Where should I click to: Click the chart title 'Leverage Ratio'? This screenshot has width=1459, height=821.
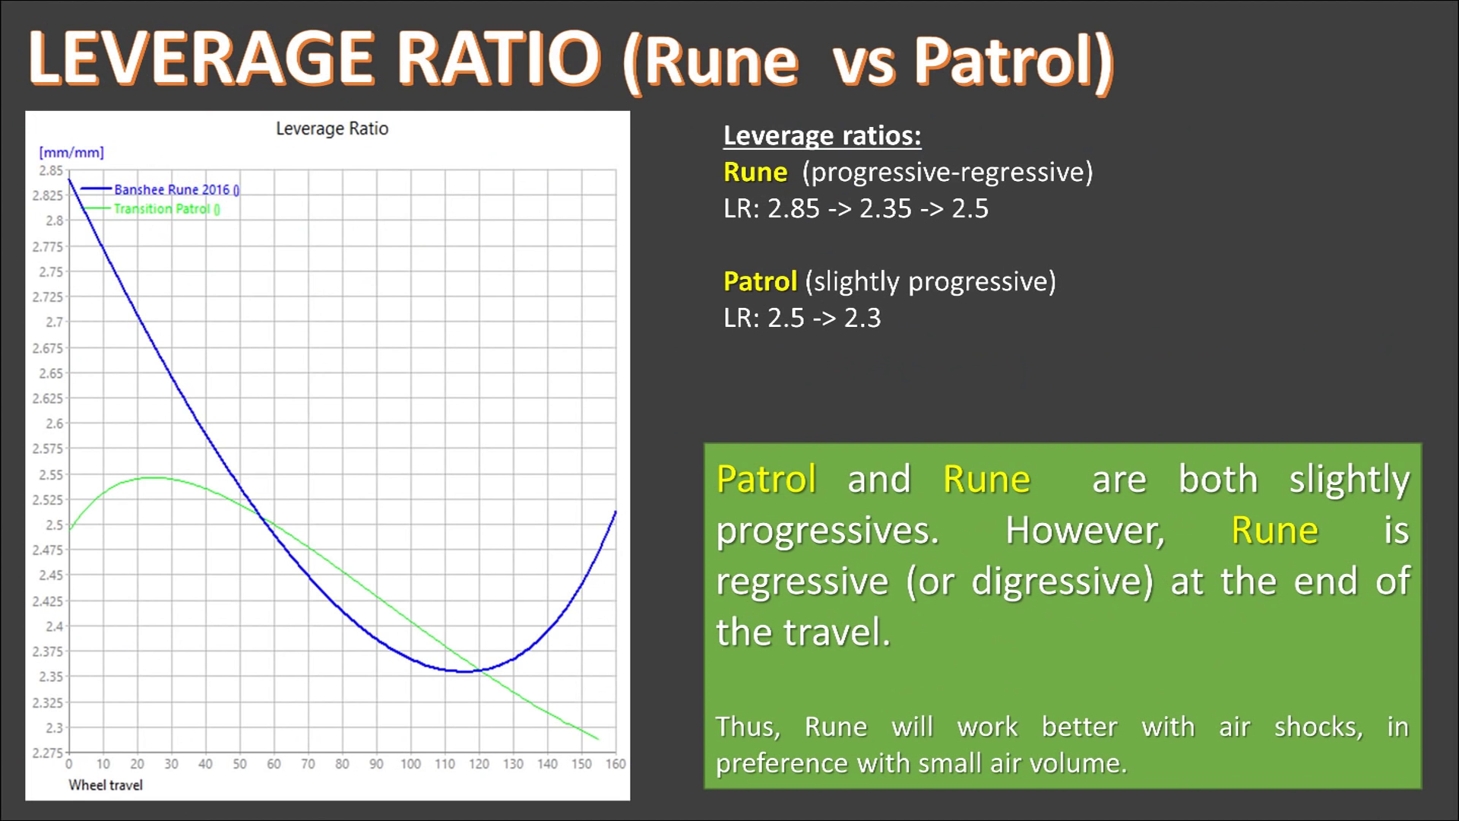332,129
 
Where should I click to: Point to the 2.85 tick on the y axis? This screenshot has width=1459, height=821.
51,171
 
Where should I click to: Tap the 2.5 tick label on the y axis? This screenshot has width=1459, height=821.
55,525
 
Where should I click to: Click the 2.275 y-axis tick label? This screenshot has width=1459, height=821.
47,753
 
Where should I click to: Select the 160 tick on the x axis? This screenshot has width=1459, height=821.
616,764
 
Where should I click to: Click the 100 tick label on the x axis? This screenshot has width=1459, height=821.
410,764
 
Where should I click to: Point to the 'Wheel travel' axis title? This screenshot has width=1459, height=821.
106,785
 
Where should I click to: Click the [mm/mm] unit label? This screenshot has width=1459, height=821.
71,153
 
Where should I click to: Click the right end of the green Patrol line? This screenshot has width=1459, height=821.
598,738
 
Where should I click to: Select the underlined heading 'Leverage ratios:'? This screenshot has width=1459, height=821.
822,135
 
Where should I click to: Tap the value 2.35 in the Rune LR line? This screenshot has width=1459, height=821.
885,209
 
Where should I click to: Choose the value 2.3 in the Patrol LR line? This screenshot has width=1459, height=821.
862,318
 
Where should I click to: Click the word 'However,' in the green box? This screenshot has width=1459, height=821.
1085,530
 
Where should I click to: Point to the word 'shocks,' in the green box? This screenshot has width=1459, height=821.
1318,727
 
